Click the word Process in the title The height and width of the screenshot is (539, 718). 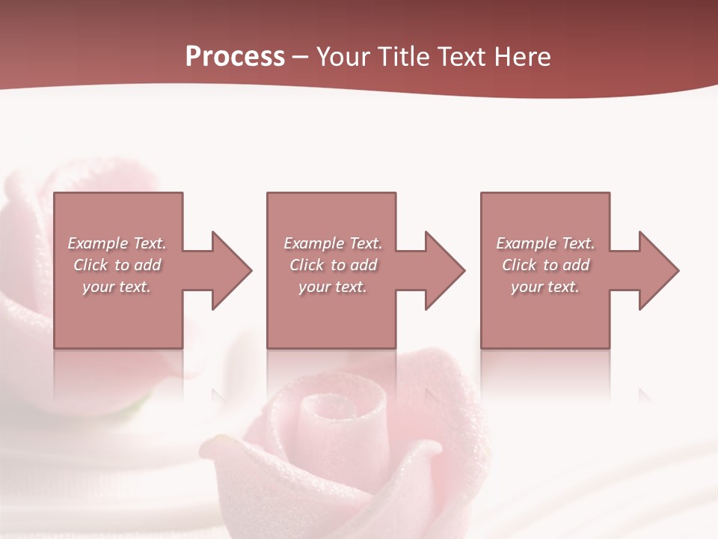[235, 57]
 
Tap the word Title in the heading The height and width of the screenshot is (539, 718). [404, 57]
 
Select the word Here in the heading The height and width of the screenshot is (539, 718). [521, 57]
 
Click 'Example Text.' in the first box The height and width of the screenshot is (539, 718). [117, 243]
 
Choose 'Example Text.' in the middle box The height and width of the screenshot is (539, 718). [332, 243]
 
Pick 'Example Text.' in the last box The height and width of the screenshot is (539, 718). [545, 243]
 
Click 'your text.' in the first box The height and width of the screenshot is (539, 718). [117, 287]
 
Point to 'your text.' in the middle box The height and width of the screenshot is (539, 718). [332, 287]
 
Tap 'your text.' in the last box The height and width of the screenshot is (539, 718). [545, 287]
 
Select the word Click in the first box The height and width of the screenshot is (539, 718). [91, 265]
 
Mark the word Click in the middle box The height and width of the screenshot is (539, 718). [307, 265]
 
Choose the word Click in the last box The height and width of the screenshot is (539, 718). [520, 265]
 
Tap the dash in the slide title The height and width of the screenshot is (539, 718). [300, 58]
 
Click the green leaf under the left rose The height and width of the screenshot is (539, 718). [135, 408]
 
